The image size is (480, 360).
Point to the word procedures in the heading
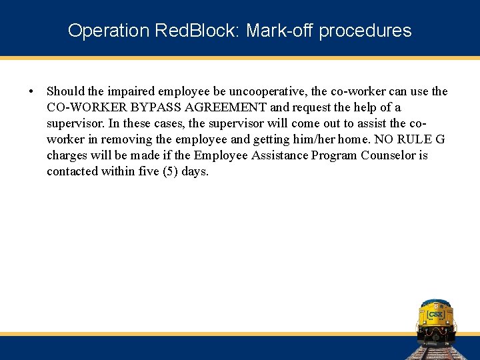pyautogui.click(x=365, y=31)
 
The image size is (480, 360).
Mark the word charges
pyautogui.click(x=66, y=155)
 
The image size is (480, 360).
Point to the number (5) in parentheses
pyautogui.click(x=171, y=171)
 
